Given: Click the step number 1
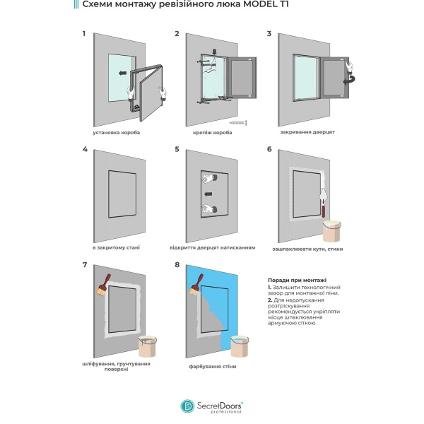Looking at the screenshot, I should tap(84, 33).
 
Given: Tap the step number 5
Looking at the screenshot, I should tap(177, 149).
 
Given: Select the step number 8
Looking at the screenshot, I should tap(177, 264).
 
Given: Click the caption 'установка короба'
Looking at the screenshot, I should tap(116, 133).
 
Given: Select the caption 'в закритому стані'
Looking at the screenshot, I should tap(116, 248).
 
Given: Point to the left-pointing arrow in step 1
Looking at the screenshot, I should tap(123, 72).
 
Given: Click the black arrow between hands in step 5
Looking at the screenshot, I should tap(208, 193).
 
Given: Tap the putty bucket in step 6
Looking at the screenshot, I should tap(332, 230).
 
